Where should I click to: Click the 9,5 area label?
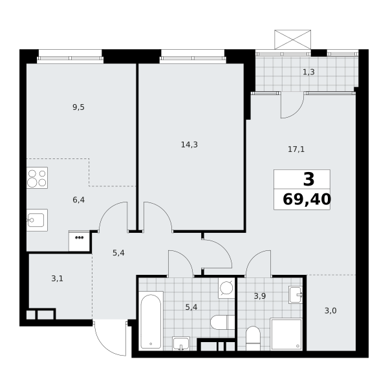point(78,107)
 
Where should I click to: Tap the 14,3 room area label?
point(189,144)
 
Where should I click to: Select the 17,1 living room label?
point(296,149)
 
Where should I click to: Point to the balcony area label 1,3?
point(308,72)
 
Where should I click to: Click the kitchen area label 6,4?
point(78,200)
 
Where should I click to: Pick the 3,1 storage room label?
point(57,279)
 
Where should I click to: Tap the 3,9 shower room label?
point(260,296)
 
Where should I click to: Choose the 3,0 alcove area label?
point(330,311)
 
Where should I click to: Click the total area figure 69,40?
point(307,199)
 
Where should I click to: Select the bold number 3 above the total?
point(308,179)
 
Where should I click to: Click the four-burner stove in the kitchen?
point(37,178)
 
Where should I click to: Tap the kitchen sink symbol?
point(37,221)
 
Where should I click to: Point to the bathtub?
point(151,321)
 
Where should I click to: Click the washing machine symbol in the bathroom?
point(226,288)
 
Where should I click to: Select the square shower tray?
point(286,334)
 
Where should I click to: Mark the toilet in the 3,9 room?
point(253,338)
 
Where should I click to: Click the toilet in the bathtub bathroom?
point(222,322)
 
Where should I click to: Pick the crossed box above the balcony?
point(293,39)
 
